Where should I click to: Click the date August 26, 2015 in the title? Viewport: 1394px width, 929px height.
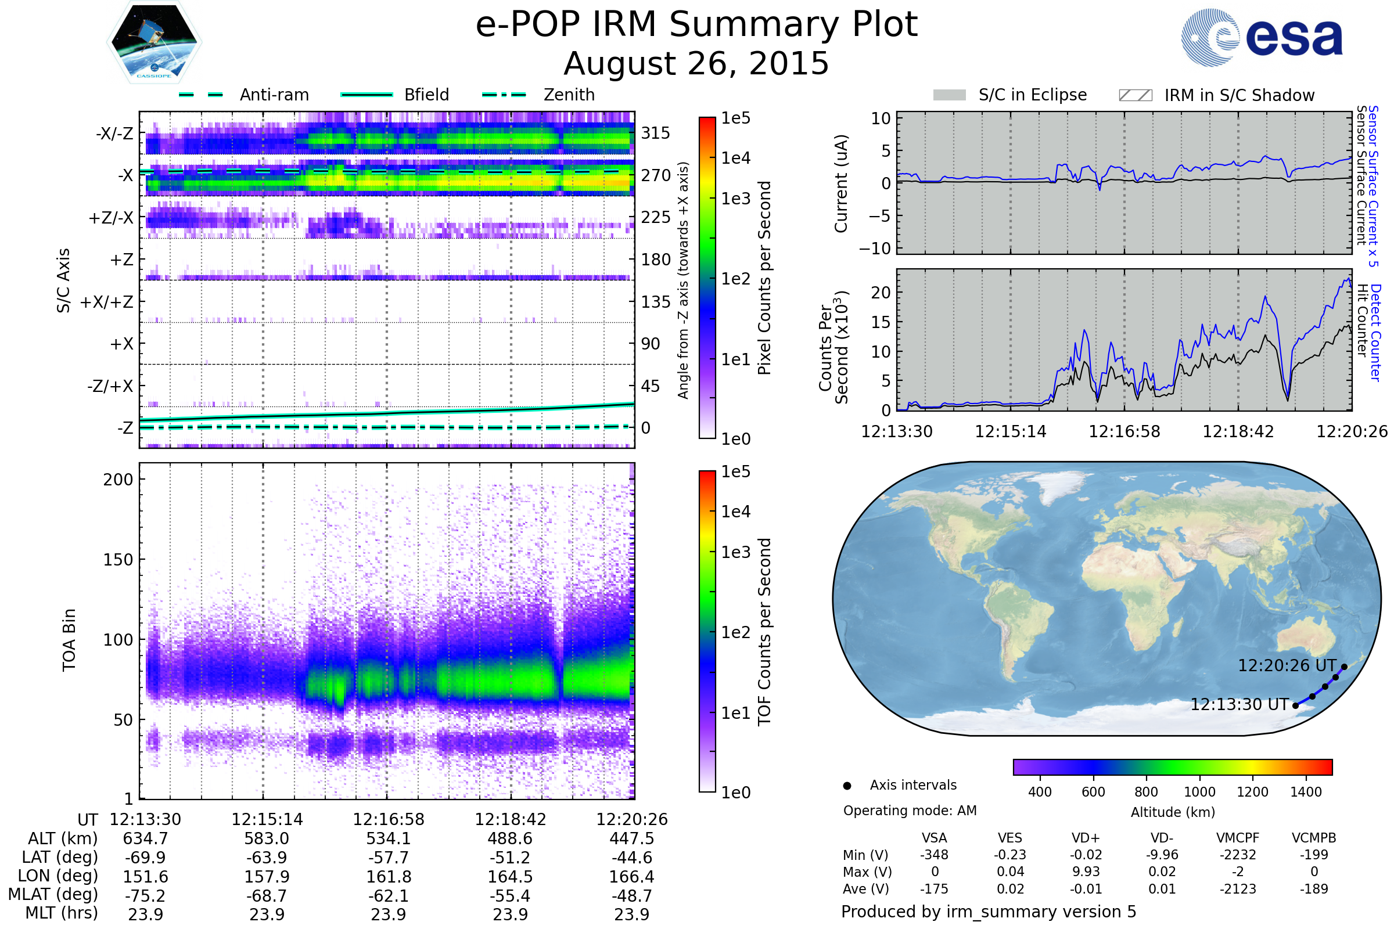696,63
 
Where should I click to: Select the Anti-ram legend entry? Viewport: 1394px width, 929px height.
274,95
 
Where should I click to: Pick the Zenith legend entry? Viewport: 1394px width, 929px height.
569,95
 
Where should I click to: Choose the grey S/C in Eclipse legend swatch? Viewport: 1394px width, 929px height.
949,95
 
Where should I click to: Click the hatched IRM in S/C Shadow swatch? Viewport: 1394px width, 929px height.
1135,95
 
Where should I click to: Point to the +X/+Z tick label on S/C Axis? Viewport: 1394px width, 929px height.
107,302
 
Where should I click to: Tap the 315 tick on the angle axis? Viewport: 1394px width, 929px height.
655,134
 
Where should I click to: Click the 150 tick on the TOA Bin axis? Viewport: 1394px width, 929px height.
118,560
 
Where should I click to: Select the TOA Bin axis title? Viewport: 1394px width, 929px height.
69,639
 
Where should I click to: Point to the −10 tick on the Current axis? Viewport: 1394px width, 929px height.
875,249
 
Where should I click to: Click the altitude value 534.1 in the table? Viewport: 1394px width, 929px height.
388,838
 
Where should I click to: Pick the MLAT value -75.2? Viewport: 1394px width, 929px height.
145,895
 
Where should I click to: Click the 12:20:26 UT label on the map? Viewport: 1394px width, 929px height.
1287,666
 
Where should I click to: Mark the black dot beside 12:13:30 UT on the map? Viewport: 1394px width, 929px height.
1296,705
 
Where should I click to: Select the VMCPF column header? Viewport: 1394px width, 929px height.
1238,838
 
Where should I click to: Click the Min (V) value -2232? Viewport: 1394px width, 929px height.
1238,855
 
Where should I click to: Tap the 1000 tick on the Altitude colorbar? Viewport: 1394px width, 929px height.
1199,792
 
